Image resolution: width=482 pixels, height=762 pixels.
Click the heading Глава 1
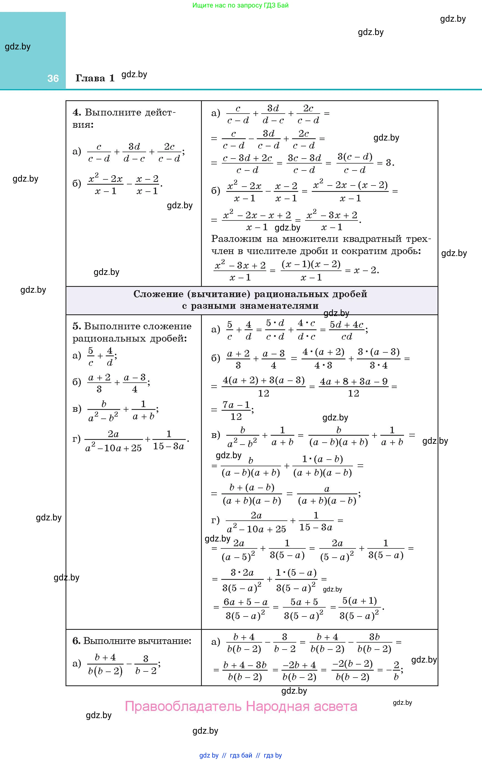[95, 78]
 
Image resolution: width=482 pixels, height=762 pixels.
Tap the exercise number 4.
[77, 112]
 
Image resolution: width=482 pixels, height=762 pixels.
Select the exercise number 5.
[76, 326]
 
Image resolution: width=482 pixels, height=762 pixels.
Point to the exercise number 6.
[76, 641]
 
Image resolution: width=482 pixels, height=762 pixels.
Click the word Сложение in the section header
[158, 294]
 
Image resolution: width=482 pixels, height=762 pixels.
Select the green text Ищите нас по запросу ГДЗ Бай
[240, 5]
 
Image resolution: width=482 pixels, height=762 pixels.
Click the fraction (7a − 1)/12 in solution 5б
[236, 410]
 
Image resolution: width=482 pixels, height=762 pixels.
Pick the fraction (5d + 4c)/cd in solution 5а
[347, 330]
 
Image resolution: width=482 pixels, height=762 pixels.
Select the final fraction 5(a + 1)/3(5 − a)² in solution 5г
[359, 608]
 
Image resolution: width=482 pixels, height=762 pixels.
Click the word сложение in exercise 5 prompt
[172, 326]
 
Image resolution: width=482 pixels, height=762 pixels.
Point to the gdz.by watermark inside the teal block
[18, 47]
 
